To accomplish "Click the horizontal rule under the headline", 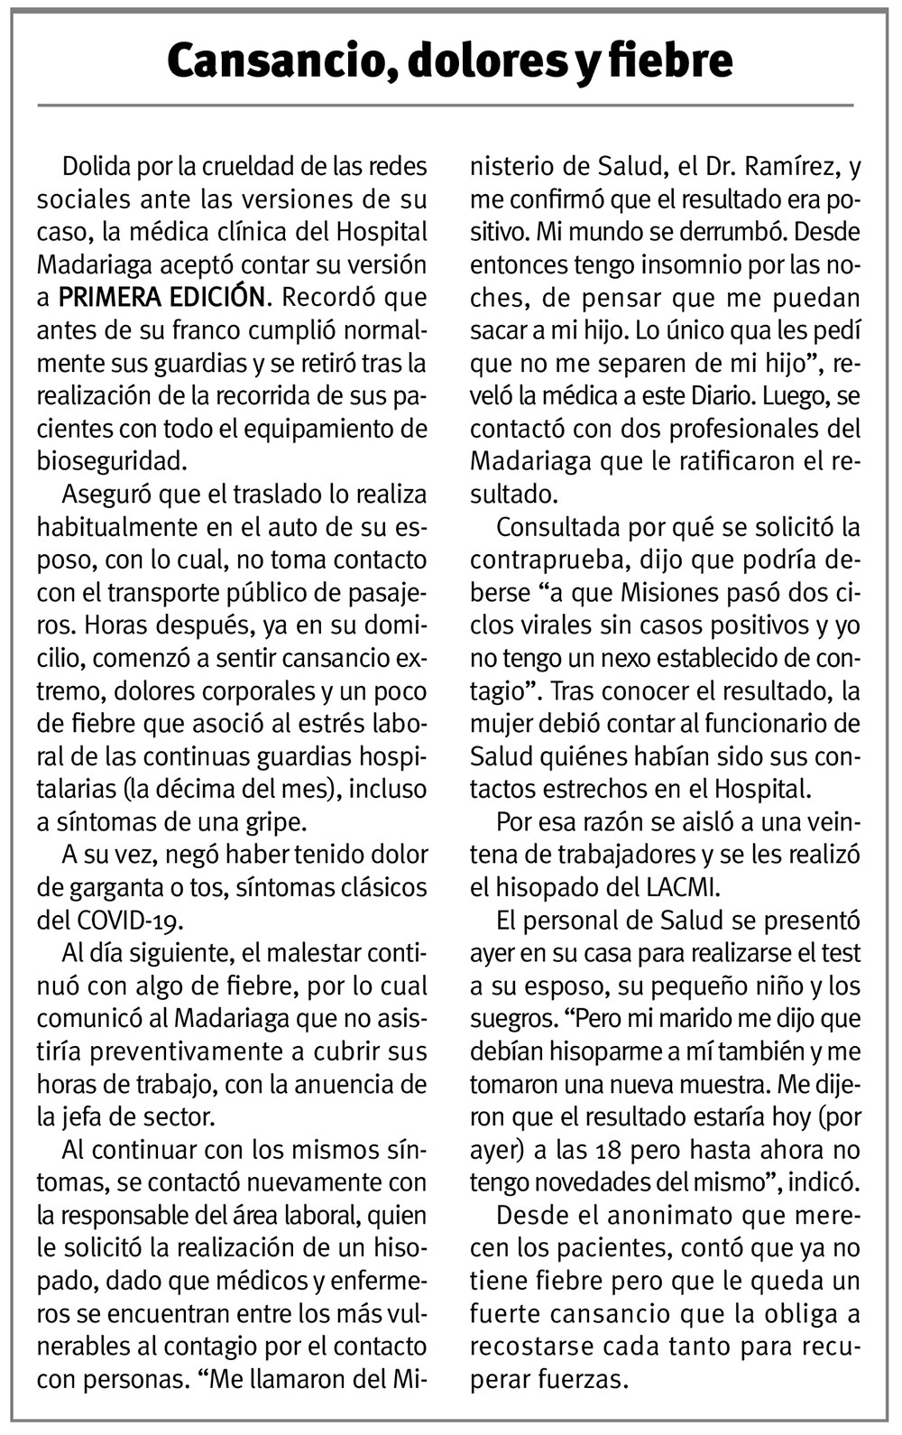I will (x=445, y=106).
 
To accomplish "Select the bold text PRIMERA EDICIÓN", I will (x=163, y=297).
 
